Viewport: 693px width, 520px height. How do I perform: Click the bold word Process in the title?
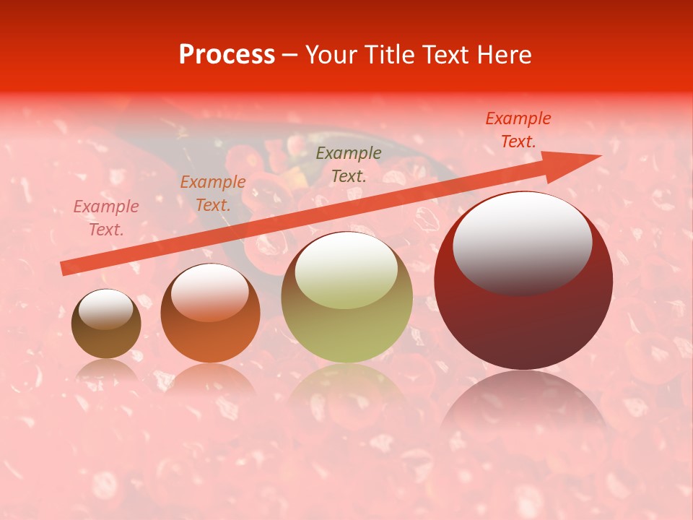coord(227,55)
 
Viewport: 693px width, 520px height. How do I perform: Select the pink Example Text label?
coord(106,218)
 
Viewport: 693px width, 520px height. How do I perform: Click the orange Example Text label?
coord(213,194)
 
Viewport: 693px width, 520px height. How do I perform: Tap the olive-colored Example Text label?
coord(349,164)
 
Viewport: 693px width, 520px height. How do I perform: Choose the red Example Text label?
coord(518,130)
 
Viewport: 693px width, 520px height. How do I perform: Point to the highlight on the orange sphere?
coord(210,292)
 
